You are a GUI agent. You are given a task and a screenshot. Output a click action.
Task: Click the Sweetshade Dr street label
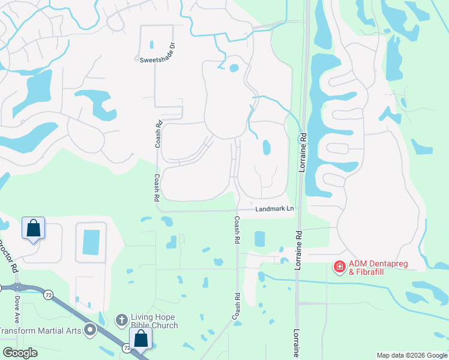[x=157, y=60]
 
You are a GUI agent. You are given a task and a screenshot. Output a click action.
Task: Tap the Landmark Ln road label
[x=274, y=209]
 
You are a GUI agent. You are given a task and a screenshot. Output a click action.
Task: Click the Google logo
[x=20, y=353]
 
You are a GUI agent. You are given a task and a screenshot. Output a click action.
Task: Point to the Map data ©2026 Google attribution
[x=412, y=355]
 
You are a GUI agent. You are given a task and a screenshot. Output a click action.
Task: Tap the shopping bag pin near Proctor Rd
[x=33, y=229]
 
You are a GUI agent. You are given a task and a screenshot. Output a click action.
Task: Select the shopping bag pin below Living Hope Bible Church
[x=140, y=338]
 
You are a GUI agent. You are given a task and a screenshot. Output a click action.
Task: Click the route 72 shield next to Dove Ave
[x=48, y=293]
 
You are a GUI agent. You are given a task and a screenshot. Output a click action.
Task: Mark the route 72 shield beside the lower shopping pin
[x=126, y=347]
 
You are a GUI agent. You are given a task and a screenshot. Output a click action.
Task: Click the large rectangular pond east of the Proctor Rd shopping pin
[x=91, y=242]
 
